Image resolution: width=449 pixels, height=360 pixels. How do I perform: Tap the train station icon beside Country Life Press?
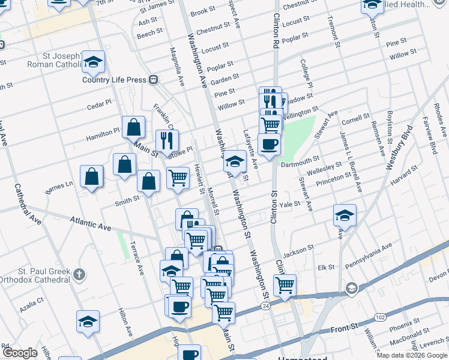154,79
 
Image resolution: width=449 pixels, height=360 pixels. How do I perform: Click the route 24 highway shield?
265,306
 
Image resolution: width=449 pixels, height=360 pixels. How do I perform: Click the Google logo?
20,353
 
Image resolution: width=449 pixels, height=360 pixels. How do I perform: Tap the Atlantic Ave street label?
91,224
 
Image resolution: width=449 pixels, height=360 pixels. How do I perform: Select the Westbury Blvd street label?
400,144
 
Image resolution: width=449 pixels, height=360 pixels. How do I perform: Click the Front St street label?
346,328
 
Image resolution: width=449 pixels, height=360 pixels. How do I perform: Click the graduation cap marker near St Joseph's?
93,61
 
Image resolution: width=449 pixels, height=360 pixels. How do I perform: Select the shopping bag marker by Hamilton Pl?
133,127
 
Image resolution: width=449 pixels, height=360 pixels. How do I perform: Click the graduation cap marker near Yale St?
345,215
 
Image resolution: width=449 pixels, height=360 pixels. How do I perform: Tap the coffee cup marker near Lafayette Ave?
269,144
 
